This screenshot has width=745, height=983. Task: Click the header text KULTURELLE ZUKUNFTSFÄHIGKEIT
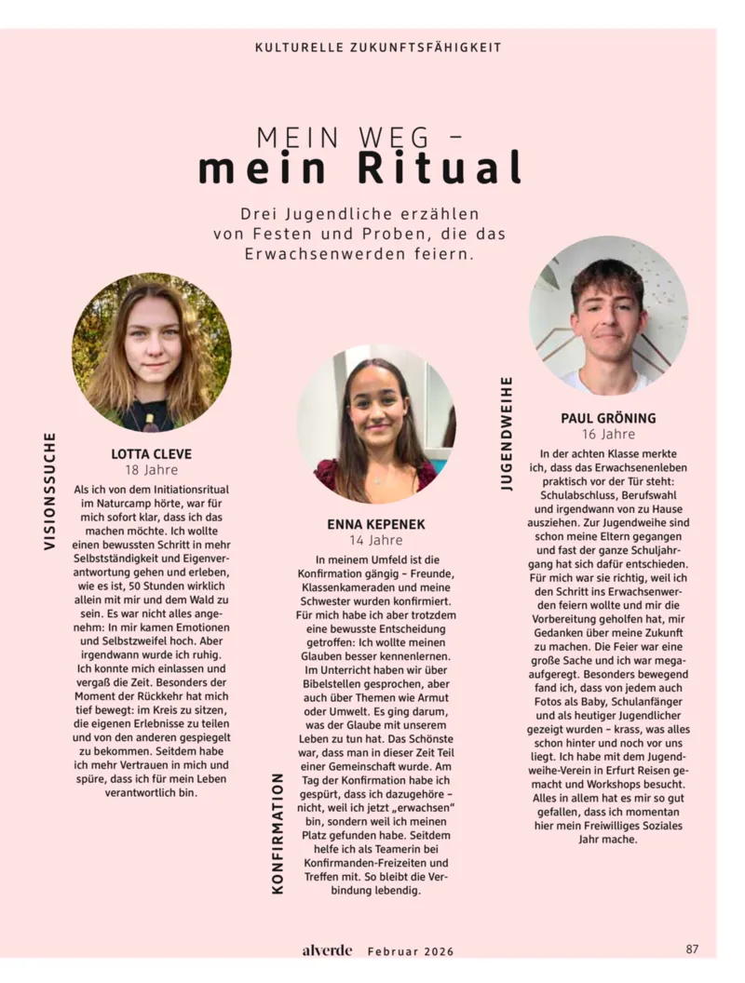point(378,47)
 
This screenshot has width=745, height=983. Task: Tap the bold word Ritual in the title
point(440,168)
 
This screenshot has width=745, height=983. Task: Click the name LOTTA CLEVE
point(152,454)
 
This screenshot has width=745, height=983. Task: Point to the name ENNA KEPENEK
point(375,524)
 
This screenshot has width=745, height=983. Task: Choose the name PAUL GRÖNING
point(608,418)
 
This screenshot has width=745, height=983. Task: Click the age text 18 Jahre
point(152,470)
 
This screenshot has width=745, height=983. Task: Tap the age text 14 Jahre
point(375,540)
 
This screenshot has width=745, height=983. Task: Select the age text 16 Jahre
point(608,434)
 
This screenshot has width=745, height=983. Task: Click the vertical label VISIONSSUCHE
point(50,491)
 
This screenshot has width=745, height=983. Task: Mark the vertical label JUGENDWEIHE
point(507,433)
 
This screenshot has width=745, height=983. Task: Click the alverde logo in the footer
point(327,950)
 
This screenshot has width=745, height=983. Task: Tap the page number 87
point(692,949)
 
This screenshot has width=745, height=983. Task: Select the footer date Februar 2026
point(411,951)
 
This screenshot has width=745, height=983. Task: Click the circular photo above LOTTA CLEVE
point(152,352)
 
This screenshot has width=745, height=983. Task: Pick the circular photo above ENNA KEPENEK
point(375,424)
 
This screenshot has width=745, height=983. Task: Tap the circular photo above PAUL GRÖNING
point(608,315)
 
